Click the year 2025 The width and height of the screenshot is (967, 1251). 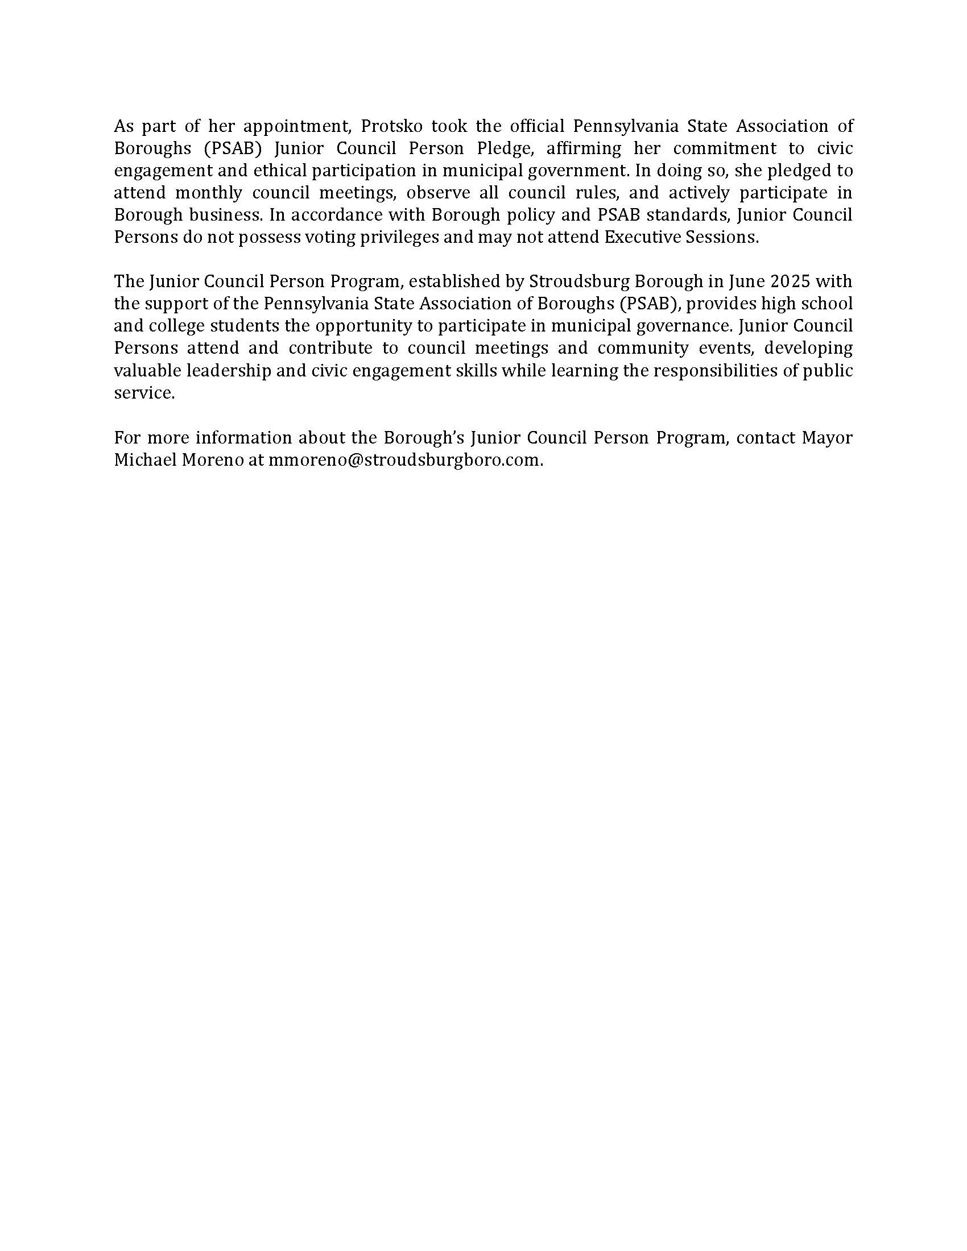coord(789,282)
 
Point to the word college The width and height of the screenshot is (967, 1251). coord(176,326)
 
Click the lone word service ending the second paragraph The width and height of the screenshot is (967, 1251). coord(144,393)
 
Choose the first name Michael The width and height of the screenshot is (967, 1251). coord(144,461)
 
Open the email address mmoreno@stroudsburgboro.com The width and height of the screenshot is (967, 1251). coord(404,461)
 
